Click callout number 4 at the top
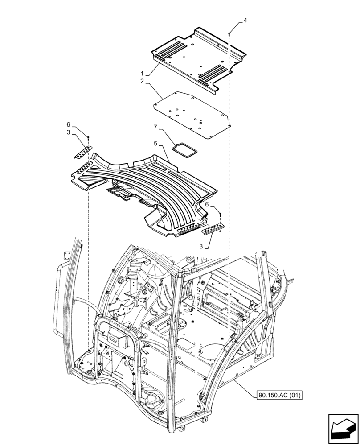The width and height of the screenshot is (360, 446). [245, 21]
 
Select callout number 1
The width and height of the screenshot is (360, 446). [142, 73]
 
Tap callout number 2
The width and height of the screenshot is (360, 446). [142, 82]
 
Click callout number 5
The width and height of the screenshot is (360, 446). [155, 144]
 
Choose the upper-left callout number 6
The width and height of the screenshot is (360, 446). [69, 124]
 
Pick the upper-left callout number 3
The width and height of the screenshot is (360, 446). [69, 133]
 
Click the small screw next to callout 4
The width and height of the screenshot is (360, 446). [229, 32]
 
